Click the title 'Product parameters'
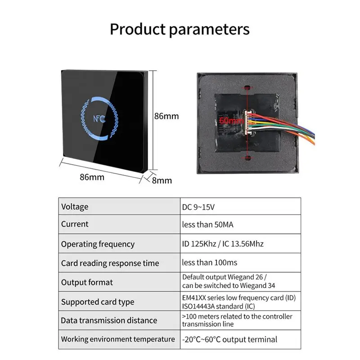(x=180, y=30)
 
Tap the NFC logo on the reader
(x=99, y=120)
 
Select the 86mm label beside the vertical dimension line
(x=166, y=116)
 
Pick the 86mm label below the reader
(x=92, y=177)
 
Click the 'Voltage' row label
(x=75, y=207)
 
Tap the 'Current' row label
(x=75, y=224)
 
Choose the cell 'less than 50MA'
(x=208, y=225)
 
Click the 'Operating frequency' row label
(x=98, y=244)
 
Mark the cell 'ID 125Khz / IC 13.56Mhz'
(x=223, y=244)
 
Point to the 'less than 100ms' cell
(x=209, y=262)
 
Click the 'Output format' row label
(x=87, y=282)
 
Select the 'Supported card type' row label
(x=98, y=301)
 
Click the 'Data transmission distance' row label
(x=109, y=320)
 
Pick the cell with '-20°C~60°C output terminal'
(x=229, y=339)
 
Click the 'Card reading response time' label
(x=110, y=263)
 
